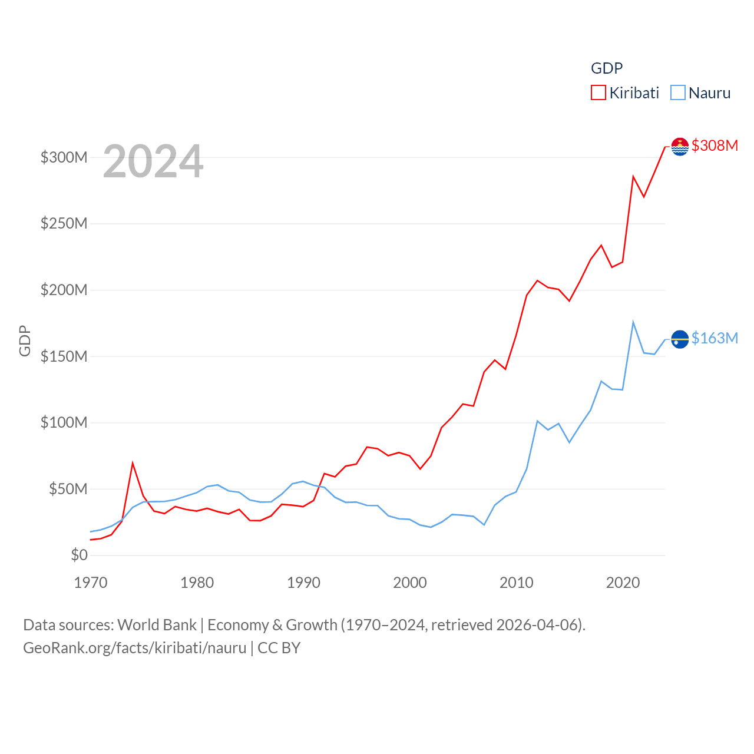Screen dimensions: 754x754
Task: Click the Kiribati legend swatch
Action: click(x=598, y=93)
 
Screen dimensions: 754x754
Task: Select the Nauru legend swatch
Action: click(x=678, y=93)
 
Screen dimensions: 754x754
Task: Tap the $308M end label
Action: click(x=715, y=145)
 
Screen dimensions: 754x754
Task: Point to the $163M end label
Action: click(x=715, y=338)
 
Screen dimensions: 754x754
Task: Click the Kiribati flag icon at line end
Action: click(x=680, y=146)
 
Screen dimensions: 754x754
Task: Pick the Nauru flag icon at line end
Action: click(x=680, y=339)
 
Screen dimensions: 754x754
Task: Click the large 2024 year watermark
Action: click(x=153, y=161)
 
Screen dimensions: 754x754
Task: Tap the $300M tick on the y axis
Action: click(x=64, y=157)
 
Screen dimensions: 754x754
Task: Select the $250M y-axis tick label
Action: click(x=64, y=224)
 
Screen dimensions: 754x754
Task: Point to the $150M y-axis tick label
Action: click(x=64, y=356)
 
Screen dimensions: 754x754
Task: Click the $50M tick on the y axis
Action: click(x=68, y=489)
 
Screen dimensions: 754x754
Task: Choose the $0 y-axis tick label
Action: click(x=79, y=555)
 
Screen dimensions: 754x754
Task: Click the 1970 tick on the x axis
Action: click(x=91, y=583)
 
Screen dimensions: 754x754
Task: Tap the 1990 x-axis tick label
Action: click(x=303, y=583)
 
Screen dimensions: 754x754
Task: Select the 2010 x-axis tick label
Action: click(x=516, y=583)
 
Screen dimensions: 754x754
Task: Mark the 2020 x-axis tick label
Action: click(x=623, y=583)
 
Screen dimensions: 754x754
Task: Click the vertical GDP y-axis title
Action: click(x=25, y=340)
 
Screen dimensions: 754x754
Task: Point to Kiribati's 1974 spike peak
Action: click(x=133, y=463)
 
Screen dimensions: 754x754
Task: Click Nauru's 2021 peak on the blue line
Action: click(x=633, y=322)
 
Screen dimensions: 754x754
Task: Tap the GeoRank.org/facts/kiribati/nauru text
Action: click(x=134, y=648)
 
